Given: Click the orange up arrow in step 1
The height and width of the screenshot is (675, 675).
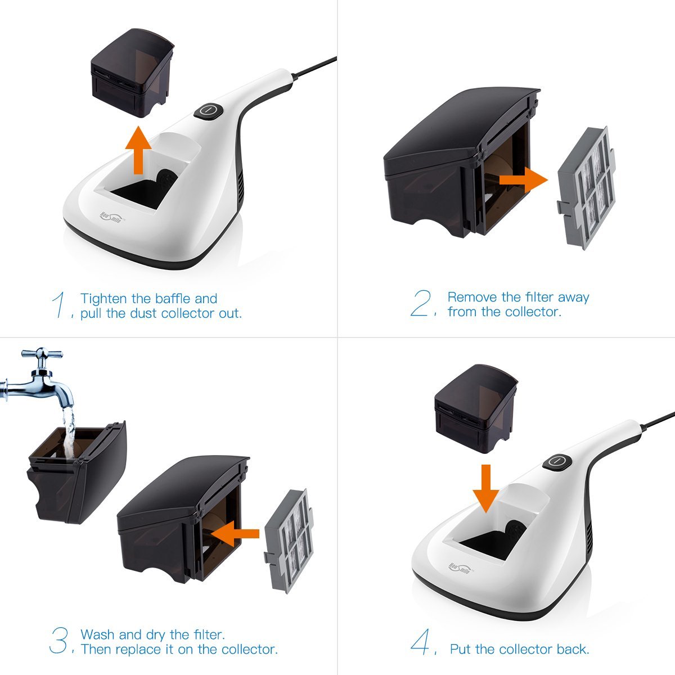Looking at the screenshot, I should (x=138, y=151).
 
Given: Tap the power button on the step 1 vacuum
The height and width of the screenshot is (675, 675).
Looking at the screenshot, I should (x=209, y=110).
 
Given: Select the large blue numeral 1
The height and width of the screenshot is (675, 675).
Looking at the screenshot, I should (x=59, y=305).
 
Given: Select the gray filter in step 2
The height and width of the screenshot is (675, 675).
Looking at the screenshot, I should (x=584, y=187).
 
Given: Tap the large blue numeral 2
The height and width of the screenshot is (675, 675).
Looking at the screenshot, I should (x=421, y=304).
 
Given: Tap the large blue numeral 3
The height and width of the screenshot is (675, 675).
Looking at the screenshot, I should (x=58, y=641).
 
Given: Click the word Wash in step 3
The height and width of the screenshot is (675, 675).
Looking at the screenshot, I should (x=98, y=634).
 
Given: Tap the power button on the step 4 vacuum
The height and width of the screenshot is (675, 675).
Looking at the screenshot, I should (x=557, y=461).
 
